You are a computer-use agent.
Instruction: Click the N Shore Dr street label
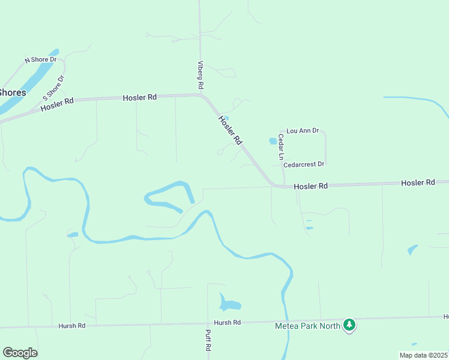click(40, 59)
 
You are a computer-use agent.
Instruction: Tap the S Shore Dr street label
click(53, 88)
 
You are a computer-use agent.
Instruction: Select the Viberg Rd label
click(201, 75)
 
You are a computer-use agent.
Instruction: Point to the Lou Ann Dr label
click(303, 130)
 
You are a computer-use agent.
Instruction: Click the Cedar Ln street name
click(280, 146)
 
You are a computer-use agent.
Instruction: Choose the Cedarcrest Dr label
click(304, 164)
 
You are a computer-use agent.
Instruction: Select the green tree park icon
click(349, 325)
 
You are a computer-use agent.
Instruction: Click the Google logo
click(20, 353)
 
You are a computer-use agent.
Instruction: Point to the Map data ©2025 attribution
click(424, 355)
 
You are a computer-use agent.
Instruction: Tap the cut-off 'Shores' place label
click(12, 92)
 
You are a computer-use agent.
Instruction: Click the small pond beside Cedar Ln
click(273, 142)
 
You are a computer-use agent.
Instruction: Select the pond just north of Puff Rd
click(228, 304)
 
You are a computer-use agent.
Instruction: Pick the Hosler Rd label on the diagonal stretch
click(230, 130)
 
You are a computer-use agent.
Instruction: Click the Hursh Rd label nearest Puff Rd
click(227, 323)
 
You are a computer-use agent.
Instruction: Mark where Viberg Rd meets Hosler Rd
click(202, 95)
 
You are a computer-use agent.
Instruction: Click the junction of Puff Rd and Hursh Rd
click(208, 324)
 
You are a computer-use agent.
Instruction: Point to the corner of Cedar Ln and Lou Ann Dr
click(280, 131)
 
